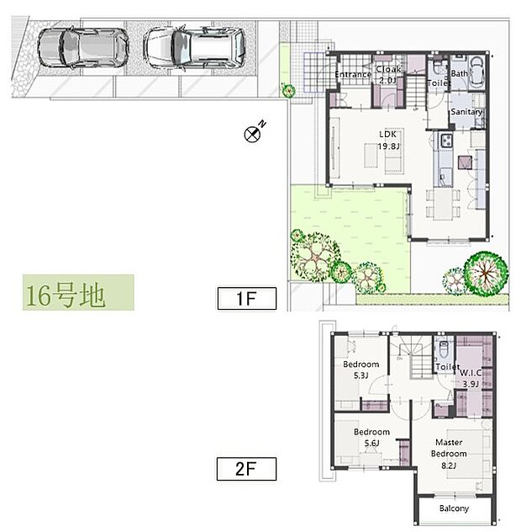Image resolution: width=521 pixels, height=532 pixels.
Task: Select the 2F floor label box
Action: pyautogui.click(x=246, y=467)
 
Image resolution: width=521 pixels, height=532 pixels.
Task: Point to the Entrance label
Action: pyautogui.click(x=353, y=75)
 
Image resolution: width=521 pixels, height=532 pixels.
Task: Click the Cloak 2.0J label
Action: pyautogui.click(x=388, y=74)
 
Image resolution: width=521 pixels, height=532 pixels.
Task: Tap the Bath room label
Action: pyautogui.click(x=459, y=74)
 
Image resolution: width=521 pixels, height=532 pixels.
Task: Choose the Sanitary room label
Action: pyautogui.click(x=466, y=112)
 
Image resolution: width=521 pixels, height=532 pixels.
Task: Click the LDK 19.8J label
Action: pyautogui.click(x=387, y=139)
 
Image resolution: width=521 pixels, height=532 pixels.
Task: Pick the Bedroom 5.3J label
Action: pyautogui.click(x=360, y=370)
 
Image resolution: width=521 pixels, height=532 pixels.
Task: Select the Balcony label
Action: pyautogui.click(x=454, y=508)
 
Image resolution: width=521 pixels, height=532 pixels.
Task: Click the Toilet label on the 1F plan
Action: pyautogui.click(x=439, y=83)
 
